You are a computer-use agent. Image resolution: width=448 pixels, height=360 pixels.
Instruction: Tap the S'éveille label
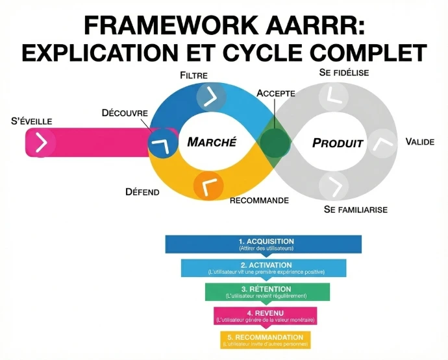tap(32, 121)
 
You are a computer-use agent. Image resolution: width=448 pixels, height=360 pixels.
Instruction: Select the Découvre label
tap(125, 113)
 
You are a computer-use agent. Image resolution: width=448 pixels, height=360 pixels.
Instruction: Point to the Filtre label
tap(193, 75)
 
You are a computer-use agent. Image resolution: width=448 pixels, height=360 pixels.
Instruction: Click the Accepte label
tap(276, 93)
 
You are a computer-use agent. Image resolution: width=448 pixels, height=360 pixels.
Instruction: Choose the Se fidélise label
tap(344, 73)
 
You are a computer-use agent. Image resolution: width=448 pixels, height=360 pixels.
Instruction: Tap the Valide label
tap(419, 141)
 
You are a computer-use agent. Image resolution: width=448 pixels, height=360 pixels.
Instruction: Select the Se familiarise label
tap(355, 210)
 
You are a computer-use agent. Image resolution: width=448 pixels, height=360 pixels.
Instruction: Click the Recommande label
tap(260, 200)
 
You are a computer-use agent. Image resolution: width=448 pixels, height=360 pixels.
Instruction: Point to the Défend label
tap(142, 192)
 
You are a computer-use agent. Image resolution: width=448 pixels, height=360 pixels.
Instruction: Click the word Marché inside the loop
tap(212, 142)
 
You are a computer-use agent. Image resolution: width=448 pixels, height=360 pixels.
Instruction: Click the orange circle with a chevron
tap(208, 187)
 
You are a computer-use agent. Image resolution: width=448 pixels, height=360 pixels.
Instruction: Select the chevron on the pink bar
tap(41, 143)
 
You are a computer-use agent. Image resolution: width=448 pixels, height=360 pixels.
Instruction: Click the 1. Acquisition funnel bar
tap(263, 244)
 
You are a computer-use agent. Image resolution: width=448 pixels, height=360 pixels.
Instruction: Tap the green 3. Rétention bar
tap(266, 292)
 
